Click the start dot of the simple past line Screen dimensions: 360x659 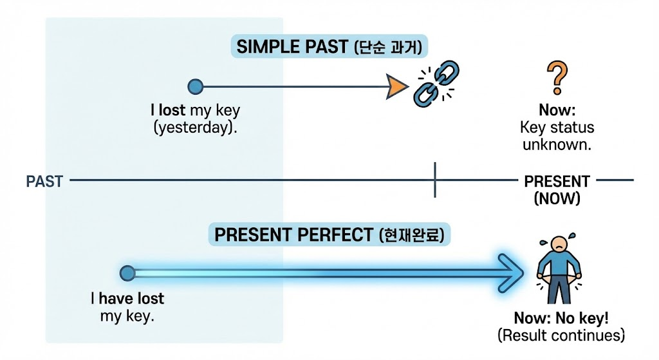click(195, 86)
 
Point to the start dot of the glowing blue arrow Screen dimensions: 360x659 click(127, 273)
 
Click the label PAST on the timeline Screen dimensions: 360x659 click(44, 181)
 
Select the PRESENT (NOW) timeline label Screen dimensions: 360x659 click(557, 190)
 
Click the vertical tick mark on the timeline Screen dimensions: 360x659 click(436, 180)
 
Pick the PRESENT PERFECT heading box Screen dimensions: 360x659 click(329, 235)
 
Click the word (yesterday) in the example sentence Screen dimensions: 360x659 click(196, 127)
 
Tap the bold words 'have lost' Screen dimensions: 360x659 click(131, 299)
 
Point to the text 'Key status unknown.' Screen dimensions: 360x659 click(557, 136)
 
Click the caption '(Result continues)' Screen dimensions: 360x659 click(561, 335)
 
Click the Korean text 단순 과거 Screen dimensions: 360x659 click(391, 47)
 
